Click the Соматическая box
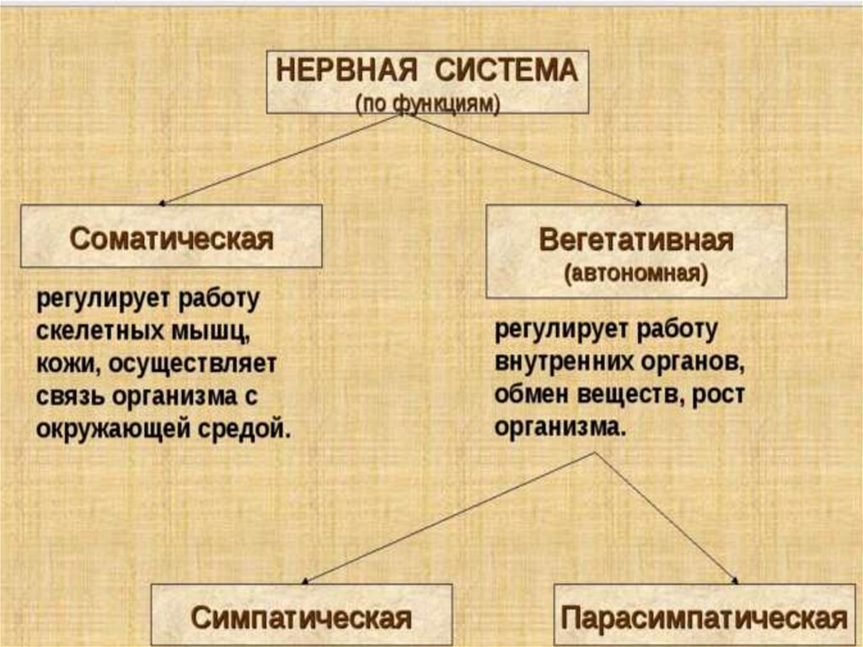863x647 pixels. coord(171,237)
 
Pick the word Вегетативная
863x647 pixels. coord(635,240)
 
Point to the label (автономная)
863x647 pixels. coord(635,274)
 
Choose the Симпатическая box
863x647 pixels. coord(301,617)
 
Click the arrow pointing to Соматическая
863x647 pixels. coord(278,159)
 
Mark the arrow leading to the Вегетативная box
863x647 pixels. coord(523,159)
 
